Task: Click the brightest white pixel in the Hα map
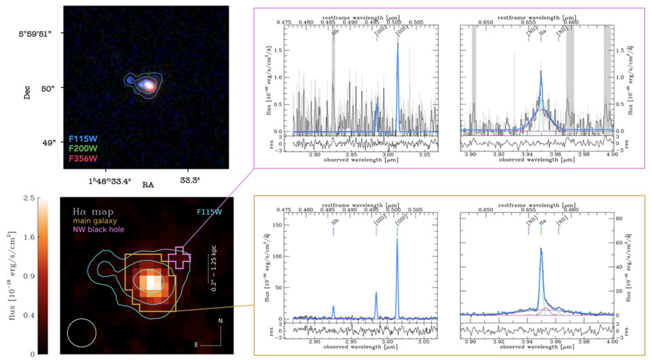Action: tap(150, 280)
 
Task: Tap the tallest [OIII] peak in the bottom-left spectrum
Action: tap(397, 240)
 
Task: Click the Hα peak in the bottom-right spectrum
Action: tap(541, 249)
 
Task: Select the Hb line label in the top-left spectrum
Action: tap(333, 33)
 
